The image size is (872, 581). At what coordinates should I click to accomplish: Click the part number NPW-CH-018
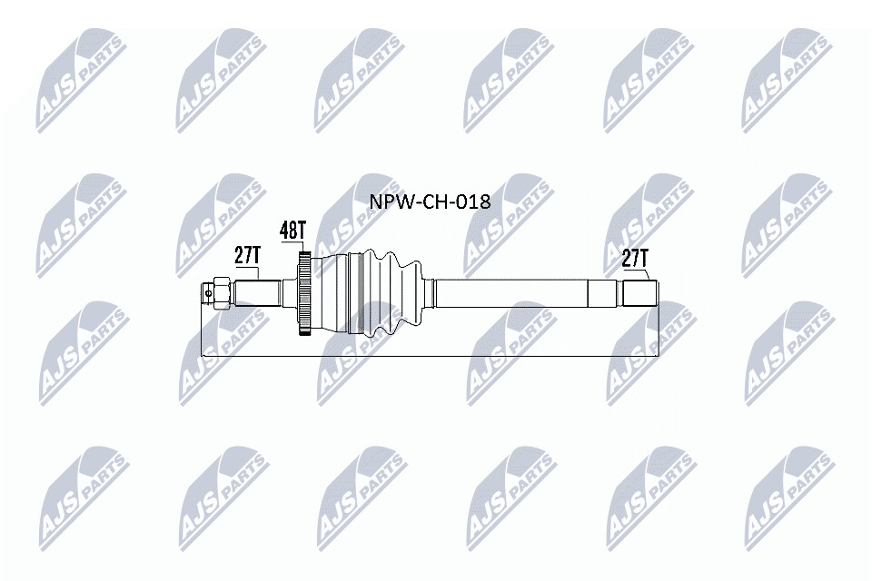(429, 202)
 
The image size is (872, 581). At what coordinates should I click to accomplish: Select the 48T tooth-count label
(292, 231)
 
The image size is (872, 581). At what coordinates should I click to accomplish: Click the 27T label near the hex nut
(247, 255)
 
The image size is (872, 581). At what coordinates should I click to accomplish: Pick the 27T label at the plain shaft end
(635, 259)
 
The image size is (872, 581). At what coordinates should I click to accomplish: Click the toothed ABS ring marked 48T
(305, 294)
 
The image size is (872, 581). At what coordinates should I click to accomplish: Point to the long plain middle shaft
(509, 293)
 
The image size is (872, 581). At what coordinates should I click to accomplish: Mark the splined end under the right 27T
(640, 293)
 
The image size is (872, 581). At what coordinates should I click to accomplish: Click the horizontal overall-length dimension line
(427, 355)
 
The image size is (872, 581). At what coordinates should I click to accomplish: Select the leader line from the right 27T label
(647, 275)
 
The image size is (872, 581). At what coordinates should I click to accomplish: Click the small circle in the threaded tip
(208, 292)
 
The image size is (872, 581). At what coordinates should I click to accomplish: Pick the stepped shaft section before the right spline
(604, 293)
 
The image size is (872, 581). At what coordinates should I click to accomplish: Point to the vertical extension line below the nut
(201, 331)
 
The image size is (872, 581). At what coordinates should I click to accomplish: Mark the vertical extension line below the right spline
(659, 331)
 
